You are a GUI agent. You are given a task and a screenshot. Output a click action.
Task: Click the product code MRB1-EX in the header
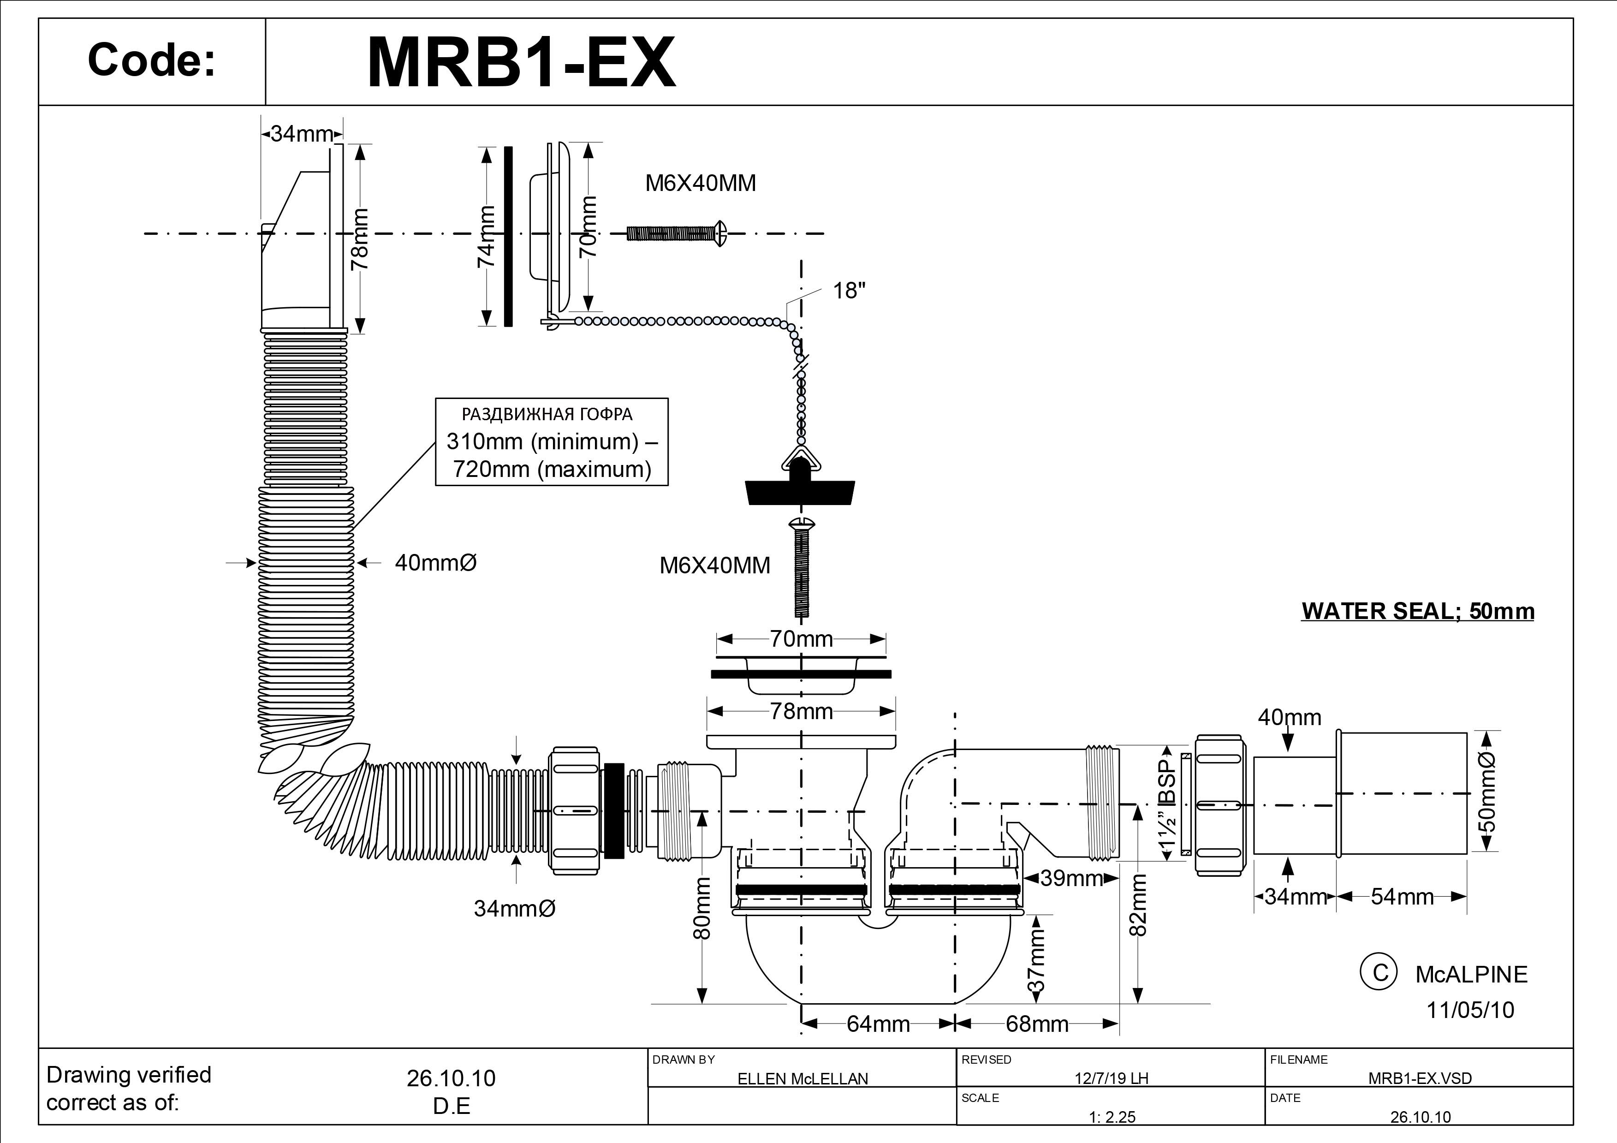point(521,63)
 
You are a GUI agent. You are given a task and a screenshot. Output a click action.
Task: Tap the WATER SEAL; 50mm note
point(1418,611)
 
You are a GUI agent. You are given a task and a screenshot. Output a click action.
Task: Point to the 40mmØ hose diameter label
point(435,563)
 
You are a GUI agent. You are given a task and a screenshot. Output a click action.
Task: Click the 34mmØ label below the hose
point(514,909)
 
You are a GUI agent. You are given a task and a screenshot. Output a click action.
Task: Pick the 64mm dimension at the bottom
point(878,1023)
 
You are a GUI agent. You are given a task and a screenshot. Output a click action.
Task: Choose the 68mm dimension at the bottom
point(1037,1023)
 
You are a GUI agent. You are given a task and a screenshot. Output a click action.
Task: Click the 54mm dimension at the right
point(1402,897)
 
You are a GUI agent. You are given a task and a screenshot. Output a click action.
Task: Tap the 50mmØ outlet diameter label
point(1487,792)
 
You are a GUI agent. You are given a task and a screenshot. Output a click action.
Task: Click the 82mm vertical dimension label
point(1138,905)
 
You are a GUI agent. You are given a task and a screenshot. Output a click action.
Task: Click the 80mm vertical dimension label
point(702,909)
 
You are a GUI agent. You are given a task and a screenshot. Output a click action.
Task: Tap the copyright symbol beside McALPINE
point(1378,973)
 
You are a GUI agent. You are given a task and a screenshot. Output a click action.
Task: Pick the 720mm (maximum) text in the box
point(552,469)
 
